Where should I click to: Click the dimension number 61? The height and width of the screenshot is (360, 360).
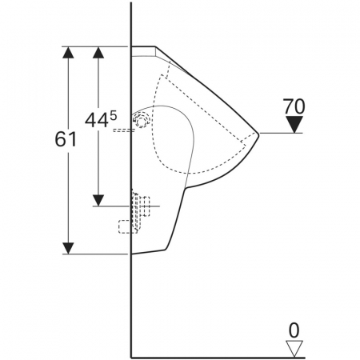66,139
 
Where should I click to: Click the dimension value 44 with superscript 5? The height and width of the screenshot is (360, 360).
101,119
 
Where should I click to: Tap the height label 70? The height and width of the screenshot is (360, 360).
294,106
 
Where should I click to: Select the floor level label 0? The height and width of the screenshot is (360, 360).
294,330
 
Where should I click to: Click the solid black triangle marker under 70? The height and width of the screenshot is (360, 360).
294,124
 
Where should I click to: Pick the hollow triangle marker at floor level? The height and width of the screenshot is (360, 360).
294,349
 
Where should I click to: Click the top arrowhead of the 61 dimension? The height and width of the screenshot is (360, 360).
69,52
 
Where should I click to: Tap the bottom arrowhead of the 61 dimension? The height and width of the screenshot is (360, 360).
69,248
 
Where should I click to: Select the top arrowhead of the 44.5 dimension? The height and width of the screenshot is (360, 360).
98,52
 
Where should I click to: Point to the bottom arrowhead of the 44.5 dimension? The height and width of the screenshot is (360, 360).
98,201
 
